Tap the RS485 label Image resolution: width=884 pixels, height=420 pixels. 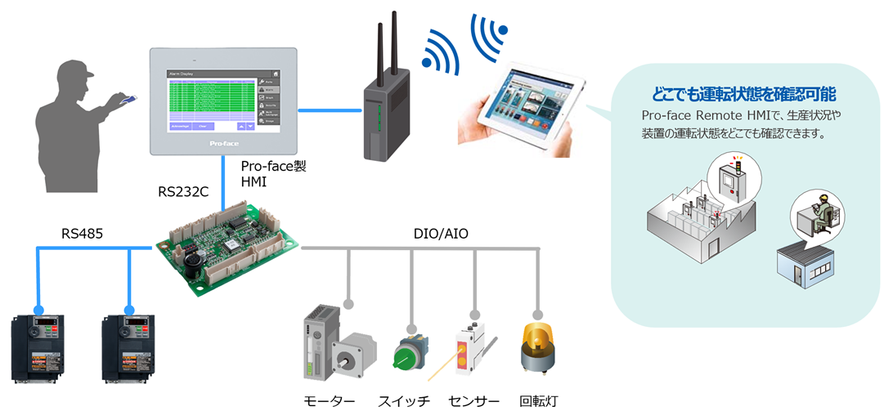tap(83, 235)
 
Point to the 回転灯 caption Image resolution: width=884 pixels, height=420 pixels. tap(540, 402)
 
